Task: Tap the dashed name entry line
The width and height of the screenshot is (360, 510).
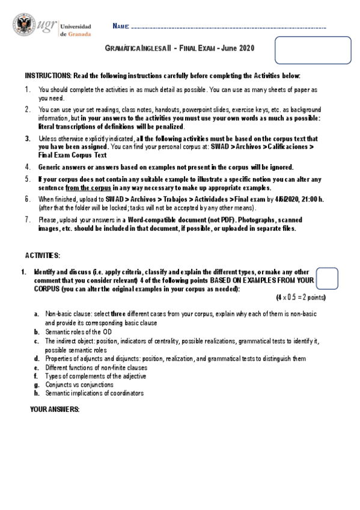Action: tap(228, 28)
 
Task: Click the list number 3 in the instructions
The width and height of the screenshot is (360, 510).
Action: tap(28, 138)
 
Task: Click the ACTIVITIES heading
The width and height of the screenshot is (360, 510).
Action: tap(43, 256)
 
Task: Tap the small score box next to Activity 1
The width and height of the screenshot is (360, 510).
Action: tap(326, 278)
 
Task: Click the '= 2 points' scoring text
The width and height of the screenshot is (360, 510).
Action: tap(310, 298)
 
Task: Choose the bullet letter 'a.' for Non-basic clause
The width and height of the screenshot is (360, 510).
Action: tap(37, 314)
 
